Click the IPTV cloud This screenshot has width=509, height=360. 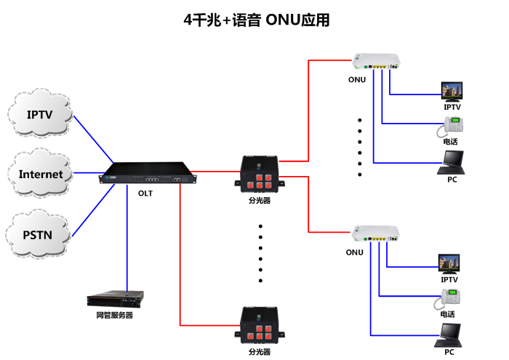(x=39, y=115)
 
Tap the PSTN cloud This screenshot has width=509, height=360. (x=39, y=234)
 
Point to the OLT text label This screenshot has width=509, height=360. (x=145, y=193)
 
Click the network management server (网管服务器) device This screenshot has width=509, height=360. (x=115, y=298)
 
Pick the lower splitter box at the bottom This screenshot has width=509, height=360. (x=259, y=326)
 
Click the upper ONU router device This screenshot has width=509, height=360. (x=375, y=63)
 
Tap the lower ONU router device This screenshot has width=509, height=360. (x=375, y=233)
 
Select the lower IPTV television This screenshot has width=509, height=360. (x=449, y=264)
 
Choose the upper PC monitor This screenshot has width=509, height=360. (x=452, y=161)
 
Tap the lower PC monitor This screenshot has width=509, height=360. (x=449, y=333)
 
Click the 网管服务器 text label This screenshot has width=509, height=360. (x=115, y=316)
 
